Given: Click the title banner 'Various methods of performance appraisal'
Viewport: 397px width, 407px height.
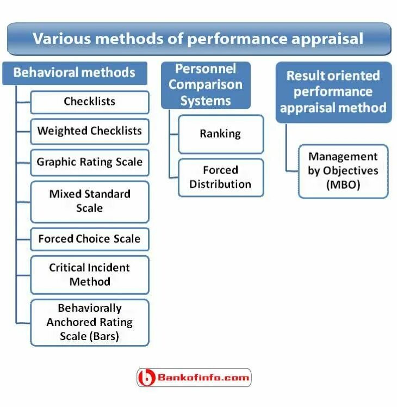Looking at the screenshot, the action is [199, 39].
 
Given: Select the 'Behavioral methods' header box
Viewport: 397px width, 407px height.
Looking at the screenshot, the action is [74, 72].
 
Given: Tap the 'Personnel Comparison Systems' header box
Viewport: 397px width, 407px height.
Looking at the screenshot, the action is [206, 85].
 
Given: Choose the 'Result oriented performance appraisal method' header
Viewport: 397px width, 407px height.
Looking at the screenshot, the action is [333, 91].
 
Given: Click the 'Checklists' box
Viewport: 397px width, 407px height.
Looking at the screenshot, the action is [90, 102].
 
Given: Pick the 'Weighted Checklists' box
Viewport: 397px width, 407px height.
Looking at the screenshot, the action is [90, 131].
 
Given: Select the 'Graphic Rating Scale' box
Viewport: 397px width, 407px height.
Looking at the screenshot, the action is [90, 162].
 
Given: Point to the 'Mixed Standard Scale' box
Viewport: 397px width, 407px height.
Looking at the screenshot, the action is [90, 201].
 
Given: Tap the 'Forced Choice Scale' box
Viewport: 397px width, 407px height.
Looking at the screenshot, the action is [90, 239].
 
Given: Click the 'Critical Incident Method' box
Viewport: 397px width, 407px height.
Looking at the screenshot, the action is [90, 275].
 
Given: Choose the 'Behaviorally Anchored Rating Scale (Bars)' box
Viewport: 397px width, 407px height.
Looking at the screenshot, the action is [90, 322].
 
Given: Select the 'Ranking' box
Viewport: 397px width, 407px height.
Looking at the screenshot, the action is [220, 134].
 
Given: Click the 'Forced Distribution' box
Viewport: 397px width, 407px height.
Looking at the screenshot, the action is [220, 177].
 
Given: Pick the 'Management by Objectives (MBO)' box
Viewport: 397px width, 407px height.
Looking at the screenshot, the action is [343, 171].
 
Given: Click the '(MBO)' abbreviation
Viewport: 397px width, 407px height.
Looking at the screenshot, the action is [343, 185].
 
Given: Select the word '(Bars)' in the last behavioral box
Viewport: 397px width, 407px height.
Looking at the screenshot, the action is [101, 337].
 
